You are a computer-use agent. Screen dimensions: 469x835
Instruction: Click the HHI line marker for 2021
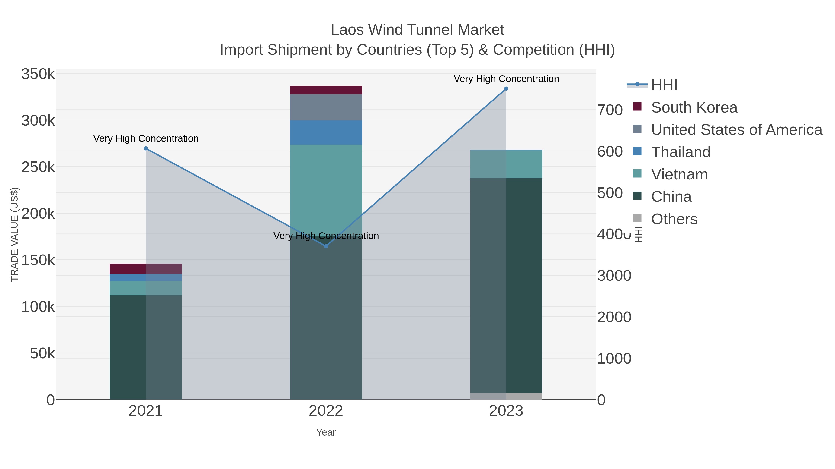146,148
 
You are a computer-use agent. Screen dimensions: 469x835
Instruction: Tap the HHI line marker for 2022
326,246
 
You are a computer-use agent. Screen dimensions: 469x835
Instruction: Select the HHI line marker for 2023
506,89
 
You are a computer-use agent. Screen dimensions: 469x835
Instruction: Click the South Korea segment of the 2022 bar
326,90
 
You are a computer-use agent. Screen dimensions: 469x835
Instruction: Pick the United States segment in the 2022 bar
326,107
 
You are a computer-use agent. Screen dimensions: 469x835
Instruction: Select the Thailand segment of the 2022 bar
326,133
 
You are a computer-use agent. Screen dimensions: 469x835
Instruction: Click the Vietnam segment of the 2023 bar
506,164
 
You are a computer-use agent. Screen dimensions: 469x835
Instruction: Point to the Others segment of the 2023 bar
506,396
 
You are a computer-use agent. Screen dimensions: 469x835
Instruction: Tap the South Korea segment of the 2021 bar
146,269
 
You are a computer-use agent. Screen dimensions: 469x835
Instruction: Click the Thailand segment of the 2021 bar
146,278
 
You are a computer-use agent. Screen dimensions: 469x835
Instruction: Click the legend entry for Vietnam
679,174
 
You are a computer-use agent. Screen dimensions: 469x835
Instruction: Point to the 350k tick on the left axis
38,74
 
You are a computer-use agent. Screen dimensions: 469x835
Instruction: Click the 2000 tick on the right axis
614,317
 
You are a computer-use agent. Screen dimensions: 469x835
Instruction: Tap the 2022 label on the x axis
326,411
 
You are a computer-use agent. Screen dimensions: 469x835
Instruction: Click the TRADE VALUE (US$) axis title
15,234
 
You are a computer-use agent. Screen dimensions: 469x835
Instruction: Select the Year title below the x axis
326,432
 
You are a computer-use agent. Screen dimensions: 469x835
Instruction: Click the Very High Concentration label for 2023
506,79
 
